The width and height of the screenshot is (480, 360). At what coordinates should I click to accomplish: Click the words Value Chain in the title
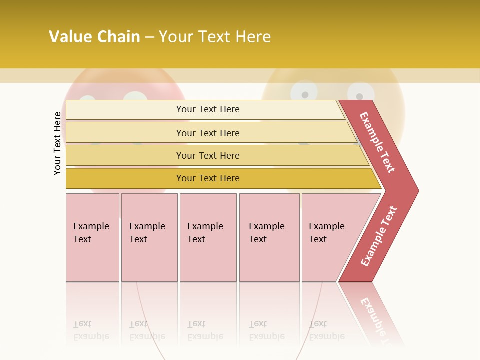click(94, 37)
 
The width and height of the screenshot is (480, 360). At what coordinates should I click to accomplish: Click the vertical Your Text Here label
click(57, 143)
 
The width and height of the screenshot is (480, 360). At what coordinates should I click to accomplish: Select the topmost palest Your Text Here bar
click(207, 109)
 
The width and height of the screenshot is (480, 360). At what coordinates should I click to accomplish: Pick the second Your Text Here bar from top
click(207, 133)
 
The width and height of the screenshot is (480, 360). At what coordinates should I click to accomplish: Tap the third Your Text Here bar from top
click(207, 155)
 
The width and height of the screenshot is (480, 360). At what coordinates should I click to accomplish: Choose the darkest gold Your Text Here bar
click(207, 178)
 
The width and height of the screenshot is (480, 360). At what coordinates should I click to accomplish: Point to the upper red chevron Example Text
click(377, 142)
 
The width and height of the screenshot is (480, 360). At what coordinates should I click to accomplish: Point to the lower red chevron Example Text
click(378, 236)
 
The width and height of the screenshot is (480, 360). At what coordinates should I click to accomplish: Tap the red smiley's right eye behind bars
click(135, 97)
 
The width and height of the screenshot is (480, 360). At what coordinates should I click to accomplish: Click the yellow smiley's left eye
click(303, 92)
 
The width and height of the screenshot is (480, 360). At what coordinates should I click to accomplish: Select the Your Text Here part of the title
click(215, 37)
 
